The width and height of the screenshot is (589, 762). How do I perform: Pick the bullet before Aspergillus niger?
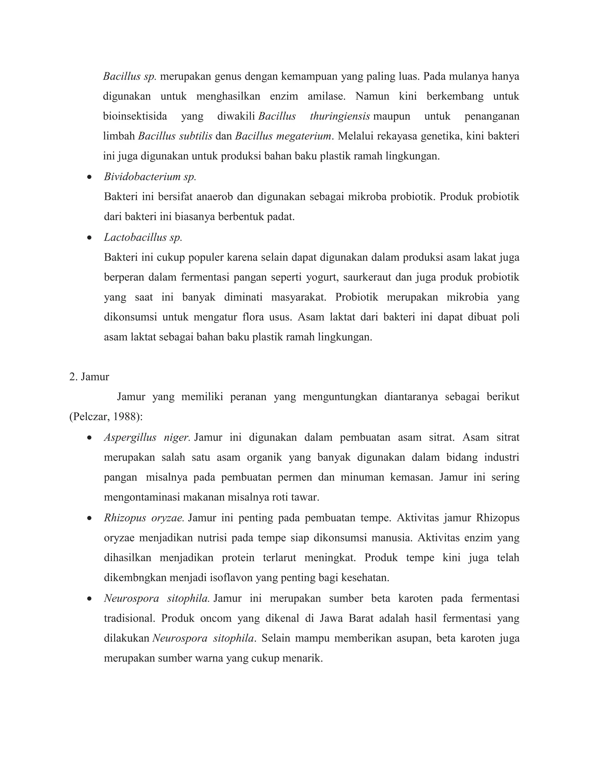90,438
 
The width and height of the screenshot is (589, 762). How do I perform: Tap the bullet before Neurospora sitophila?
90,599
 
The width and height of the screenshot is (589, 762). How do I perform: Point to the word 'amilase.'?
326,96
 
